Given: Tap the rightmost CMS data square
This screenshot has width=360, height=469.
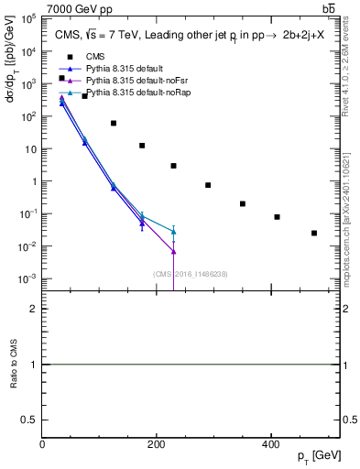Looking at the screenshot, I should (314, 233).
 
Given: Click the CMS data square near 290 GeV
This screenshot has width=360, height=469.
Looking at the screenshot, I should (208, 185).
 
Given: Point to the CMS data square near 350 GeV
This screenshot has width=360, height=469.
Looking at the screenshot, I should (243, 203).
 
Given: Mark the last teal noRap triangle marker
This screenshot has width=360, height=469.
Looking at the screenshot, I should (173, 231).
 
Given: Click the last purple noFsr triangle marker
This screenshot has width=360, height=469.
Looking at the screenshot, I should (173, 251).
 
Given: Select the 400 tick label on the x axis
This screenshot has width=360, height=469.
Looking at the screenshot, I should (270, 445).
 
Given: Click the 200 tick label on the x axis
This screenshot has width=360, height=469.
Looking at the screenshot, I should (157, 445).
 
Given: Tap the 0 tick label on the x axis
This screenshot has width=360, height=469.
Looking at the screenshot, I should (42, 445).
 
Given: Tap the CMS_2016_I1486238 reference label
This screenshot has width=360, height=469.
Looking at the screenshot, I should (191, 273).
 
